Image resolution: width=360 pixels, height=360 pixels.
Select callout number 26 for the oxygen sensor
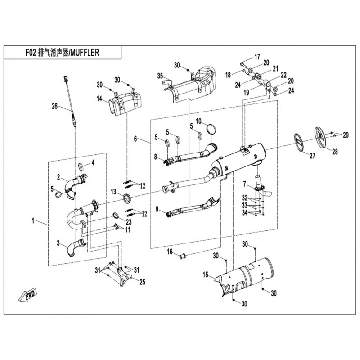pyautogui.click(x=55, y=107)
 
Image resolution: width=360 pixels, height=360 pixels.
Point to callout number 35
pyautogui.click(x=159, y=77)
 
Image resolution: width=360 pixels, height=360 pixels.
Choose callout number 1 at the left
pyautogui.click(x=32, y=221)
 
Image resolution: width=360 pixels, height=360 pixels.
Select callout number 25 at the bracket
pyautogui.click(x=142, y=282)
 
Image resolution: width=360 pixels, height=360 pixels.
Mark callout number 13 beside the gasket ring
pyautogui.click(x=114, y=192)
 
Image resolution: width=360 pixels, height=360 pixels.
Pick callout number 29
pyautogui.click(x=346, y=135)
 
